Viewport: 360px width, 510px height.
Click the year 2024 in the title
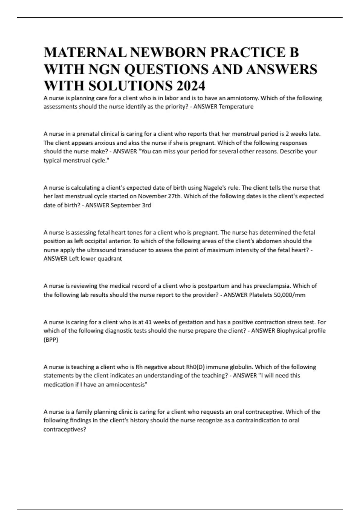tap(191, 86)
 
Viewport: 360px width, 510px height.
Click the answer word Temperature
tap(236, 106)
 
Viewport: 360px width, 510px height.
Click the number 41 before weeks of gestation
tap(148, 322)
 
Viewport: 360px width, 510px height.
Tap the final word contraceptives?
tap(65, 429)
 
